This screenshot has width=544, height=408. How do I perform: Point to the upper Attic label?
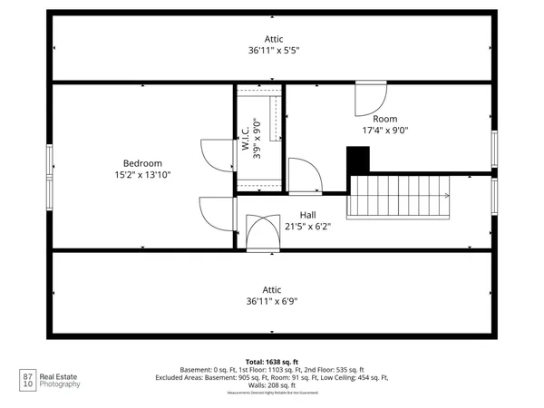coord(273,39)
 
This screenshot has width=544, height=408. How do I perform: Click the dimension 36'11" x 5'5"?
coord(273,51)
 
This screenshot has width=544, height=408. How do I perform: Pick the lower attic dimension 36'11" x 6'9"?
coord(273,301)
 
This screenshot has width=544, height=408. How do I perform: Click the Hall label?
coord(308,215)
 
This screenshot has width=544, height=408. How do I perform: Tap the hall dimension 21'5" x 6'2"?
coord(308,227)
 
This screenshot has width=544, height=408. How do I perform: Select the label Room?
coord(384,119)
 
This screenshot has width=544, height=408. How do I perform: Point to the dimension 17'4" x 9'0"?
coord(384,131)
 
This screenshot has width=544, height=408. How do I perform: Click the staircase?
coord(399,196)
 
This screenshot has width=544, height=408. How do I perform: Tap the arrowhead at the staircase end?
coord(446,196)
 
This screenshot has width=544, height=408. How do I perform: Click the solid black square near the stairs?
coord(359,160)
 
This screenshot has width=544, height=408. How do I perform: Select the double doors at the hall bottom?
coord(263,232)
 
